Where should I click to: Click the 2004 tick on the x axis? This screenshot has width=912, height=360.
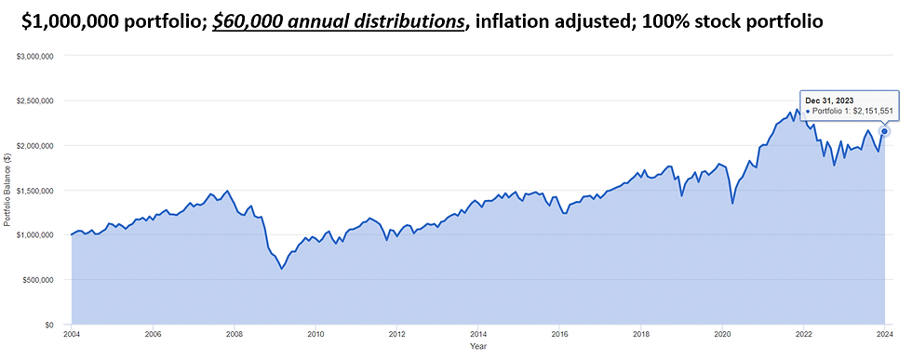pos(72,333)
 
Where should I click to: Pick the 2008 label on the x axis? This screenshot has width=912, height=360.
pos(235,333)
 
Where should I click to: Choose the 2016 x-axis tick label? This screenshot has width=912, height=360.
pos(559,333)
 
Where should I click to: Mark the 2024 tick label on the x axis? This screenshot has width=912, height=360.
pos(884,333)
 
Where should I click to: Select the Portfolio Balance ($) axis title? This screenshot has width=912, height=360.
pos(8,191)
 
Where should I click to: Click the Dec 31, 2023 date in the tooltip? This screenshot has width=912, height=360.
pos(830,100)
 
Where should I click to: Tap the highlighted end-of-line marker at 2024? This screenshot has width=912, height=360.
pos(884,131)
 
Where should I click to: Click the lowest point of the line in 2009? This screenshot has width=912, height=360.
pos(281,269)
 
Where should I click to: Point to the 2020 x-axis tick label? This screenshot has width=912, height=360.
pos(721,333)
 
